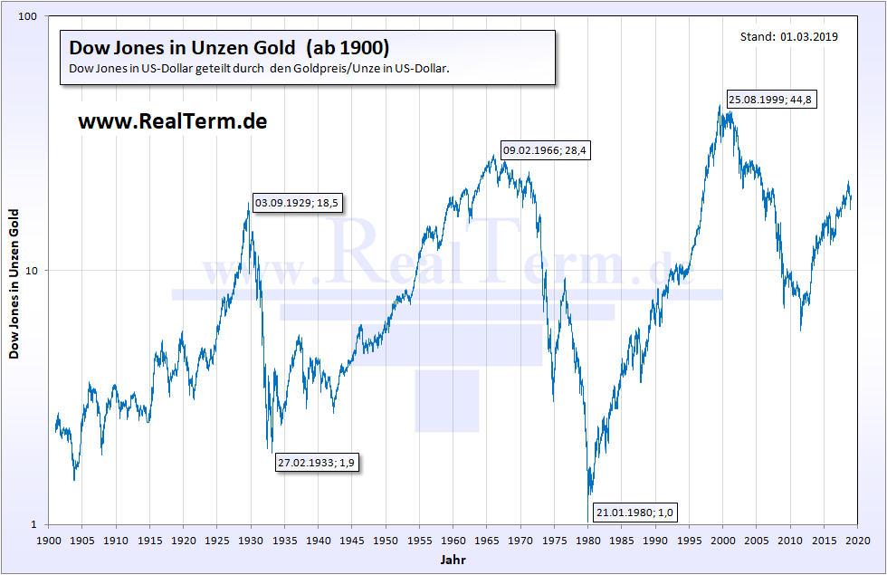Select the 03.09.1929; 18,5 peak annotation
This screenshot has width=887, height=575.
pyautogui.click(x=296, y=203)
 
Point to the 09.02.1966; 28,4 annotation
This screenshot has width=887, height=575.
pyautogui.click(x=546, y=151)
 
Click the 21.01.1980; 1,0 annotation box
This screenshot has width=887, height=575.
pyautogui.click(x=634, y=513)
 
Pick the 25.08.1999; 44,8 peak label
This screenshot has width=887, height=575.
pyautogui.click(x=771, y=100)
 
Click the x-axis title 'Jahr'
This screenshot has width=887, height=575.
pyautogui.click(x=453, y=561)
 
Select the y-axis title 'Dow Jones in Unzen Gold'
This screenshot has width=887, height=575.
pyautogui.click(x=14, y=283)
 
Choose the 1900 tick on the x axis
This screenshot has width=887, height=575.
pyautogui.click(x=49, y=540)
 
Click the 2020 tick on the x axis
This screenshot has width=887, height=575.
pyautogui.click(x=858, y=540)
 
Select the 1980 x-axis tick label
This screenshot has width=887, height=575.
pyautogui.click(x=588, y=540)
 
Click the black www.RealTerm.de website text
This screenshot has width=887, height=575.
pyautogui.click(x=172, y=121)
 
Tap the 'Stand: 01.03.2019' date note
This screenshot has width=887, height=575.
pyautogui.click(x=788, y=37)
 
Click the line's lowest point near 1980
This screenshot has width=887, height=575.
pyautogui.click(x=590, y=494)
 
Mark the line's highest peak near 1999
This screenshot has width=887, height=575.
pyautogui.click(x=720, y=106)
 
